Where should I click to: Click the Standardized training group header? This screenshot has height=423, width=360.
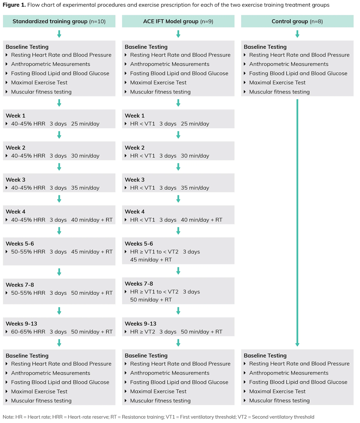[59, 21]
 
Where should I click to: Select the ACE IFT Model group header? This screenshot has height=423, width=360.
[178, 21]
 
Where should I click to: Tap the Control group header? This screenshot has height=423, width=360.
[297, 21]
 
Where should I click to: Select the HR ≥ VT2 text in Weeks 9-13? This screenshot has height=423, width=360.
[142, 332]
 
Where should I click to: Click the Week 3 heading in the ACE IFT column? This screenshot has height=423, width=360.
[135, 179]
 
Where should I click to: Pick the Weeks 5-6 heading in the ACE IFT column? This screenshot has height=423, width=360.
[139, 244]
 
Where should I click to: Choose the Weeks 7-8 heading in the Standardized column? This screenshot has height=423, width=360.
[20, 285]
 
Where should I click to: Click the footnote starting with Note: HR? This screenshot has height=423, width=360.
[158, 417]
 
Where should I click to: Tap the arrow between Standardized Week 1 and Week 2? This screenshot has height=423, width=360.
[59, 135]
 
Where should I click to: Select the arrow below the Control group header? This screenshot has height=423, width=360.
[297, 34]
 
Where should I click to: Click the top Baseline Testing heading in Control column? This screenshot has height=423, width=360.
[265, 47]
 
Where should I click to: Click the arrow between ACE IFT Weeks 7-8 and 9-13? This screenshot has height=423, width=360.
[178, 311]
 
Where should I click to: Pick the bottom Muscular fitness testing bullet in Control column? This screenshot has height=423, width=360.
[279, 401]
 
